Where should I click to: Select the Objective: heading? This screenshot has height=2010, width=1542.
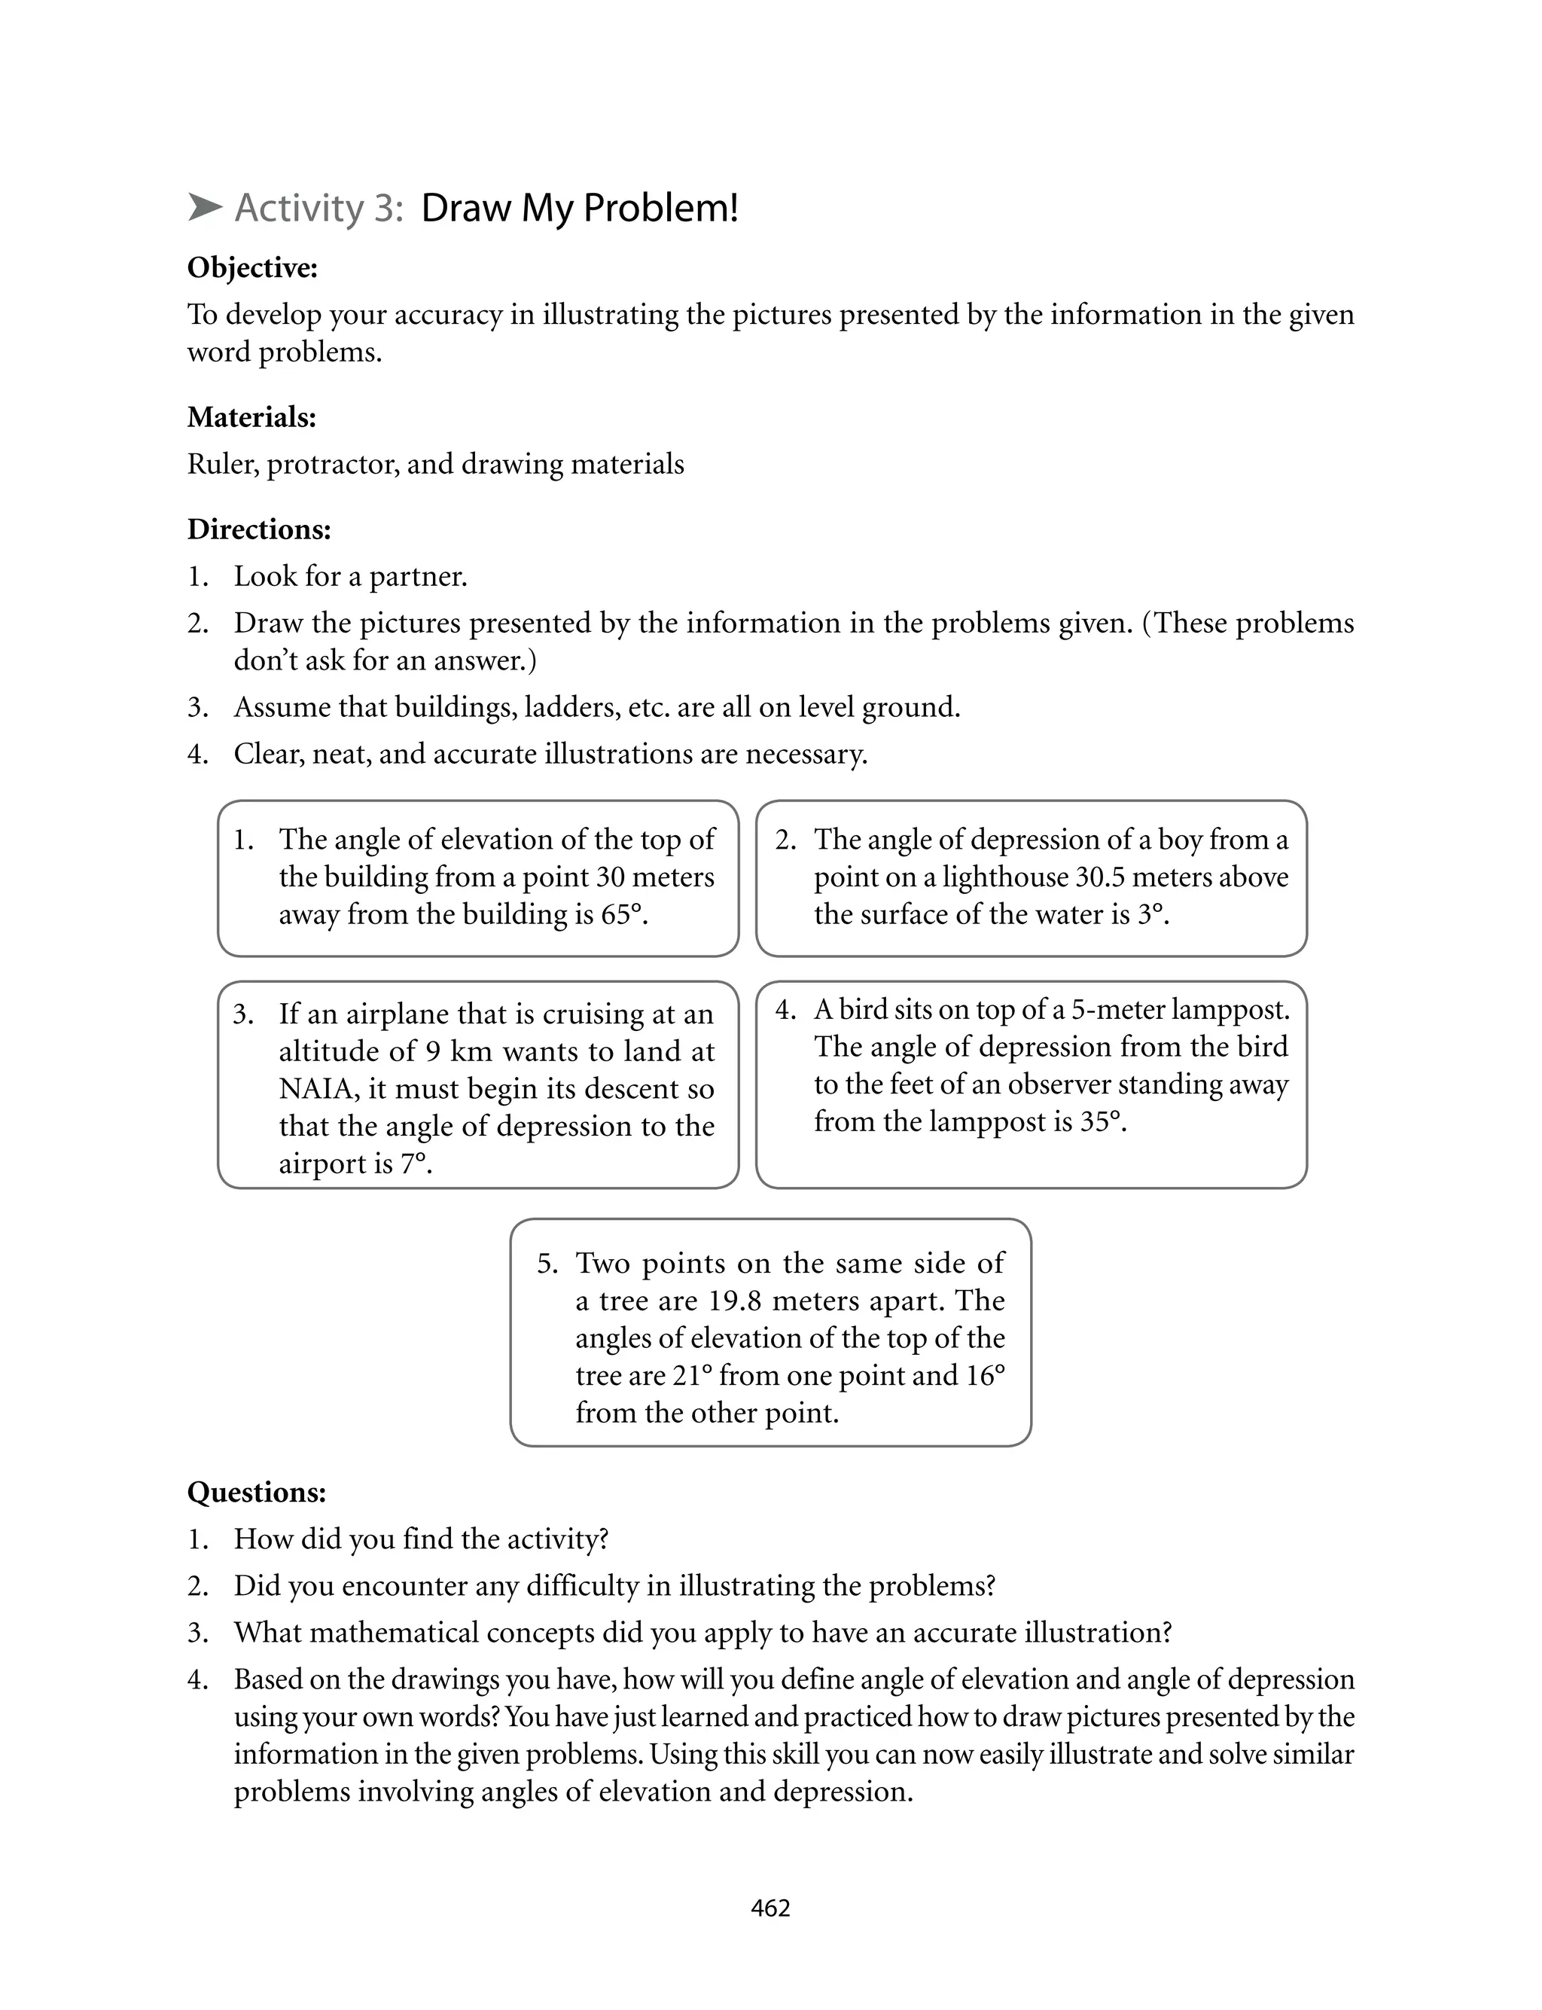point(252,268)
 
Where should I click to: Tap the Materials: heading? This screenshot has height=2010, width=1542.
point(251,418)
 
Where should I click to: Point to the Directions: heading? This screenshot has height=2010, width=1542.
point(259,529)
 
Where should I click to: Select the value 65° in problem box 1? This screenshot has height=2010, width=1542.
point(623,915)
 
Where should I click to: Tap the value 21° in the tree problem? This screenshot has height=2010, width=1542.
point(693,1376)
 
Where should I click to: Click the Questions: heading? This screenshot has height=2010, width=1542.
point(256,1493)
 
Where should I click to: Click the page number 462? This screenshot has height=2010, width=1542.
point(770,1908)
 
